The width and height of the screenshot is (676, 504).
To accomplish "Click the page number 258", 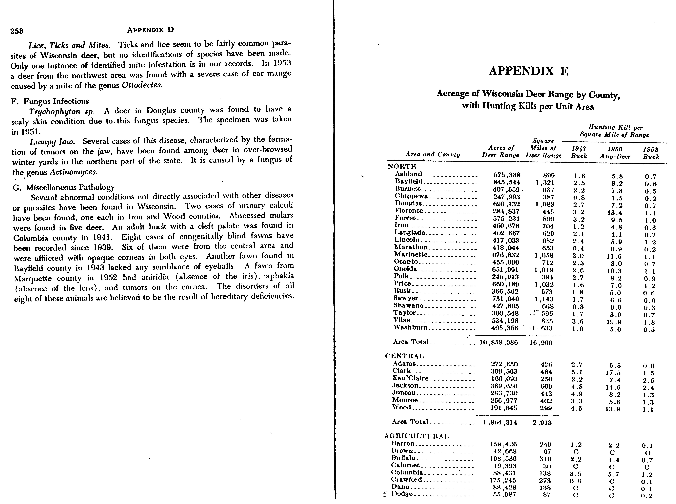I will tap(17, 31).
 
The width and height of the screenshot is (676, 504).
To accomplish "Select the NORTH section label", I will tap(402, 166).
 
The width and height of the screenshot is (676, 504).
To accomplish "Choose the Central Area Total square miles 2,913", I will tap(542, 423).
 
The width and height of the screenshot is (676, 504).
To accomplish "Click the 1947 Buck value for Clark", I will tap(577, 372).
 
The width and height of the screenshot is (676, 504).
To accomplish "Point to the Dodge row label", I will tap(402, 494).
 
